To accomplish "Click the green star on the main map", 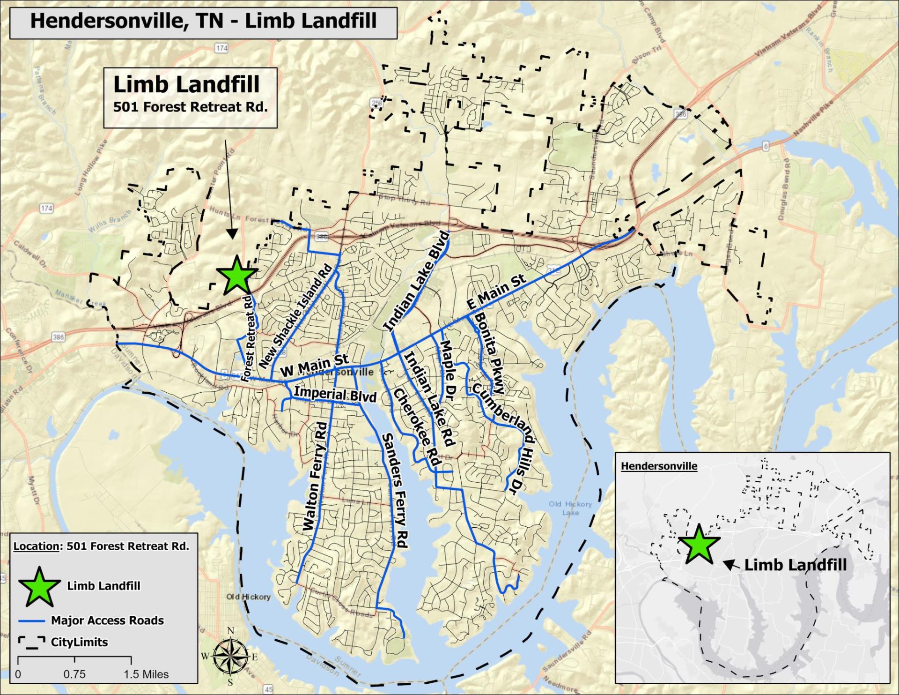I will [x=236, y=277].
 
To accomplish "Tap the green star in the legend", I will [x=39, y=587].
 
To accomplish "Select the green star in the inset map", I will [x=698, y=545].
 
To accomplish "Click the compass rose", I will [x=230, y=656].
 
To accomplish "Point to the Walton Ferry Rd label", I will [x=315, y=476].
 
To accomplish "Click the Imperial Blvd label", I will [x=335, y=394].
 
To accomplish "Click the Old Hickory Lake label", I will [x=570, y=508].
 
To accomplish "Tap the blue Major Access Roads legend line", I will [x=32, y=620].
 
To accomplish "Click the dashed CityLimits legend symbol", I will [x=32, y=642].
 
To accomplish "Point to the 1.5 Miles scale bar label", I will [x=146, y=674].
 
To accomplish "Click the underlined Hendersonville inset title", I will [x=659, y=466].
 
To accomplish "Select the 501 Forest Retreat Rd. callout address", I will [x=190, y=107].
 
